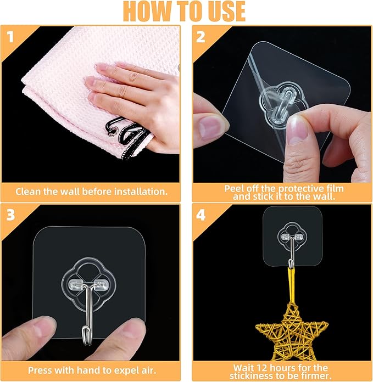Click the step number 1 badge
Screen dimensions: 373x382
tap(10, 37)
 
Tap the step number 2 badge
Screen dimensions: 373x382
tap(201, 37)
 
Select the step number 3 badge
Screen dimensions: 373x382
tap(11, 215)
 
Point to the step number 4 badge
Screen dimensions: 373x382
tap(201, 215)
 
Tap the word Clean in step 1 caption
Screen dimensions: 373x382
tap(28, 192)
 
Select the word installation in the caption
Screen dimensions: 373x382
tap(141, 192)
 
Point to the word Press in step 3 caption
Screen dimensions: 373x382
tap(40, 370)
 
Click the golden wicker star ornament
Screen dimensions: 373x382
tap(292, 332)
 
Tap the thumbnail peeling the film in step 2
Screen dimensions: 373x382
tap(297, 129)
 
